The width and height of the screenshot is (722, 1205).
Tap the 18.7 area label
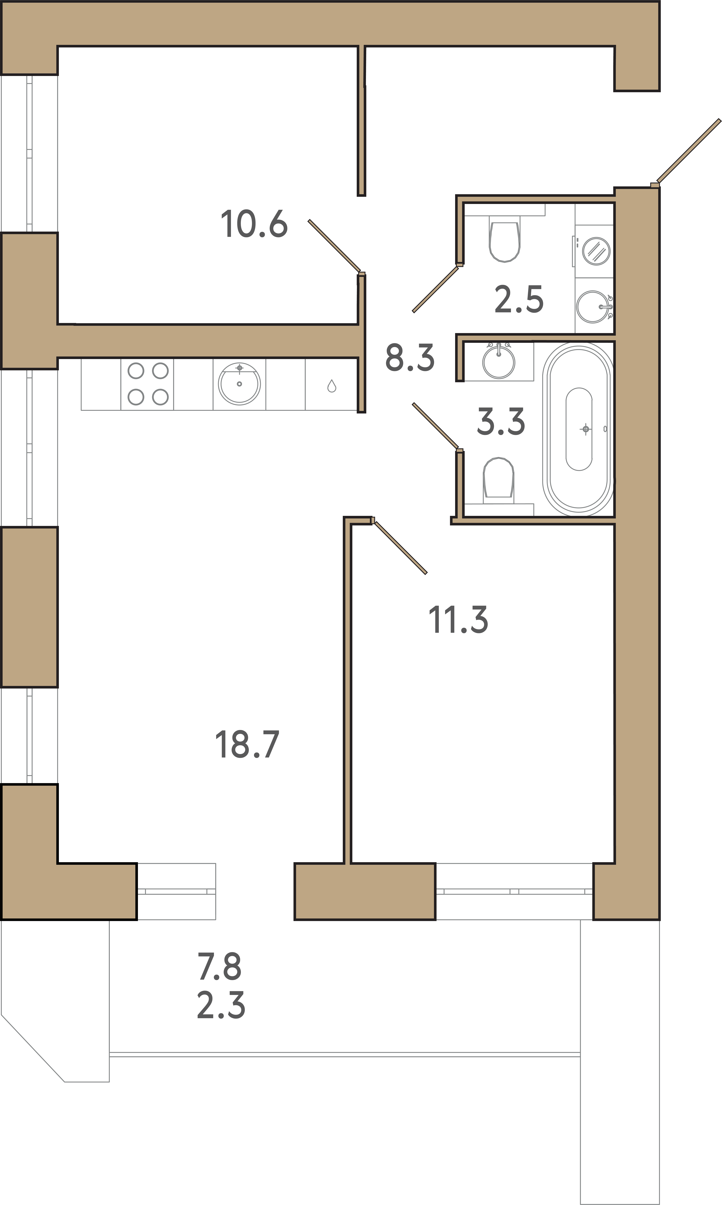[x=247, y=744]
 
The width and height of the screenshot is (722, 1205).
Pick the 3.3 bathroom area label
[x=501, y=421]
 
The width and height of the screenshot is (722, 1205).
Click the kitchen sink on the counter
[x=239, y=383]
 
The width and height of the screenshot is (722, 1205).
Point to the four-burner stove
[x=147, y=384]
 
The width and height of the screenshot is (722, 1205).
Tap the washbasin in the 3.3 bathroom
[x=499, y=361]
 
